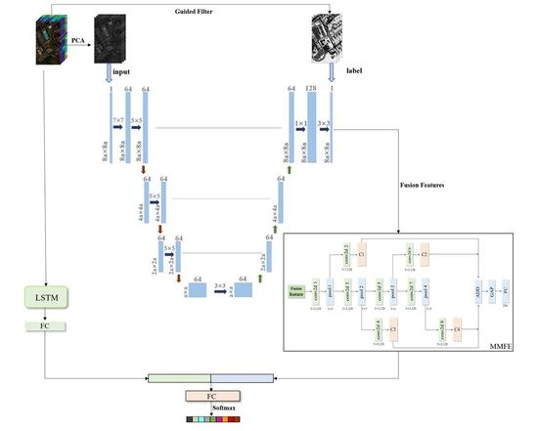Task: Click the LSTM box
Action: [x=46, y=294]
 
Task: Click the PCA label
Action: [x=76, y=40]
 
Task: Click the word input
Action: [x=121, y=71]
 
